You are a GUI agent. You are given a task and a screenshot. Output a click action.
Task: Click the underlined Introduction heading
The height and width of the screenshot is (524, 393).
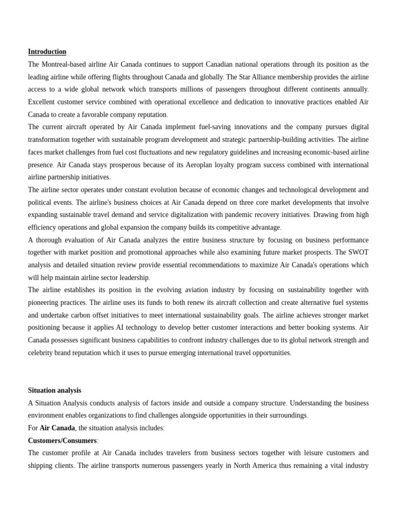47,52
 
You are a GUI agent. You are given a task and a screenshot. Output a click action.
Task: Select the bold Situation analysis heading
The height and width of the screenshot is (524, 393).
54,390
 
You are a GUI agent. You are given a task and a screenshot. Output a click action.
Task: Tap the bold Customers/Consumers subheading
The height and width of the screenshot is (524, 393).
62,441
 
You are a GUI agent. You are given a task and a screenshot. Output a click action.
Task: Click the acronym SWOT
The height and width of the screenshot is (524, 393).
358,252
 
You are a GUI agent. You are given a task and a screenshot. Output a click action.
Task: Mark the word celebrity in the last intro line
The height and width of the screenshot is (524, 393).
42,353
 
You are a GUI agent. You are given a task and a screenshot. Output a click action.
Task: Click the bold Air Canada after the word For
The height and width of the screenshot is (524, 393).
57,428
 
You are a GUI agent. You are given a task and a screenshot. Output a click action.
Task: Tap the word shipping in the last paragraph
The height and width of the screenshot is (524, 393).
40,466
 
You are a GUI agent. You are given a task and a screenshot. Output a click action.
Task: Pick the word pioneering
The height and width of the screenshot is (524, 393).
46,302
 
